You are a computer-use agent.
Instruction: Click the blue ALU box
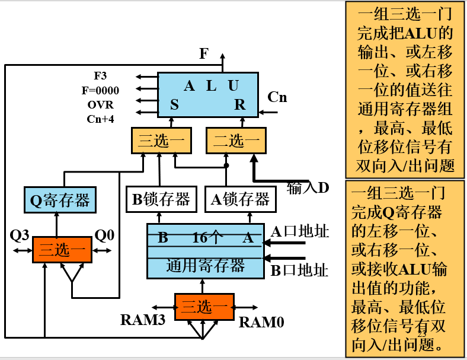coord(207,94)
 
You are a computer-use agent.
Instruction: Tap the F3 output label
coord(101,76)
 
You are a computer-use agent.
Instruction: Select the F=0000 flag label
coord(100,90)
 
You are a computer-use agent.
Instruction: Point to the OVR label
coord(100,105)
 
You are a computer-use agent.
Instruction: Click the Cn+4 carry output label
coord(100,119)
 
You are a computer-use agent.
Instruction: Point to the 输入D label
coord(308,188)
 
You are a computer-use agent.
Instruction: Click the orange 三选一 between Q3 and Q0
coord(62,250)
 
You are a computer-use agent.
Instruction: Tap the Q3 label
coord(20,235)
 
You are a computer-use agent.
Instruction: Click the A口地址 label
coord(300,231)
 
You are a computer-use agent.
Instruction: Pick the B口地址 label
coord(299,271)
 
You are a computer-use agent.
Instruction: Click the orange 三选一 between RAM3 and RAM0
coord(204,307)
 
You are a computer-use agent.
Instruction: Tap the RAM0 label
coord(261,323)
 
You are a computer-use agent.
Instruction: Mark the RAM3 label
coord(142,320)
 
